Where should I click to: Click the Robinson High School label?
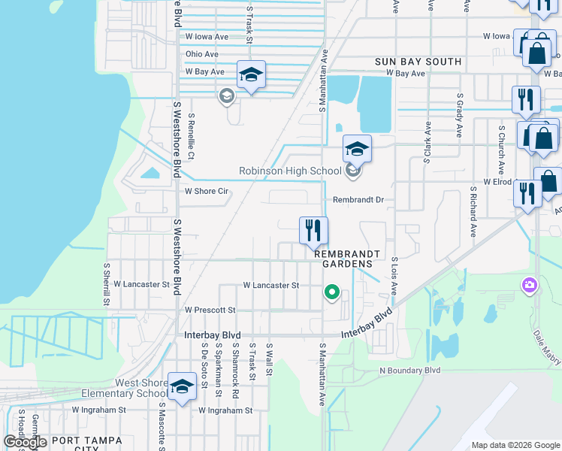point(290,171)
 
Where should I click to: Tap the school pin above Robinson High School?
point(357,149)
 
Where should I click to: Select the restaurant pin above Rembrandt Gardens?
point(313,230)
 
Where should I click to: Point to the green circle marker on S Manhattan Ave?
point(331,292)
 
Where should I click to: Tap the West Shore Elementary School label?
point(131,388)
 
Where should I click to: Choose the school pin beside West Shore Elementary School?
point(181,386)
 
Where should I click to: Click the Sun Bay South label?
point(419,61)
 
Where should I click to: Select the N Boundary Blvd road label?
point(409,371)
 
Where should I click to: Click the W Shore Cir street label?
point(207,191)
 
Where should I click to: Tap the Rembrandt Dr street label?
point(358,200)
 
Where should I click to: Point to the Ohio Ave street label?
point(202,54)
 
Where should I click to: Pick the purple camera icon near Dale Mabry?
point(530,285)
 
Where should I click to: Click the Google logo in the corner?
point(25,442)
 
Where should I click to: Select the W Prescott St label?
point(210,310)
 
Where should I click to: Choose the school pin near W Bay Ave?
point(251,75)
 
